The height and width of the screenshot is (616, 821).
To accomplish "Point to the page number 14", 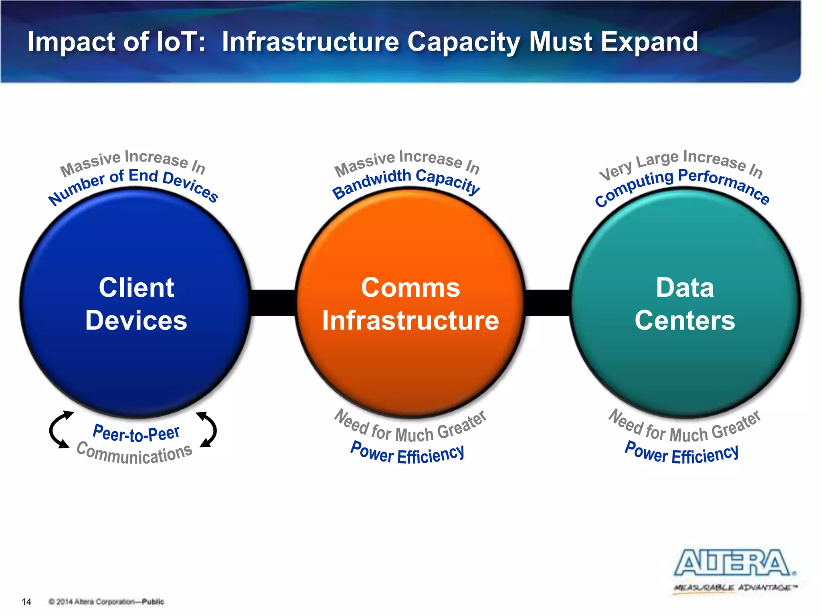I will [x=26, y=602].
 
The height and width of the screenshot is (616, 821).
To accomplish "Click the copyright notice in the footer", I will [x=106, y=602].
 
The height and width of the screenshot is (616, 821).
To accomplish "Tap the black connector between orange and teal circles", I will [x=548, y=303].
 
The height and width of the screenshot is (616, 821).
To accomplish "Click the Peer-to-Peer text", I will [x=136, y=433].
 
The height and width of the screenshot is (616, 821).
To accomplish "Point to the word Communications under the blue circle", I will [x=135, y=454].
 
